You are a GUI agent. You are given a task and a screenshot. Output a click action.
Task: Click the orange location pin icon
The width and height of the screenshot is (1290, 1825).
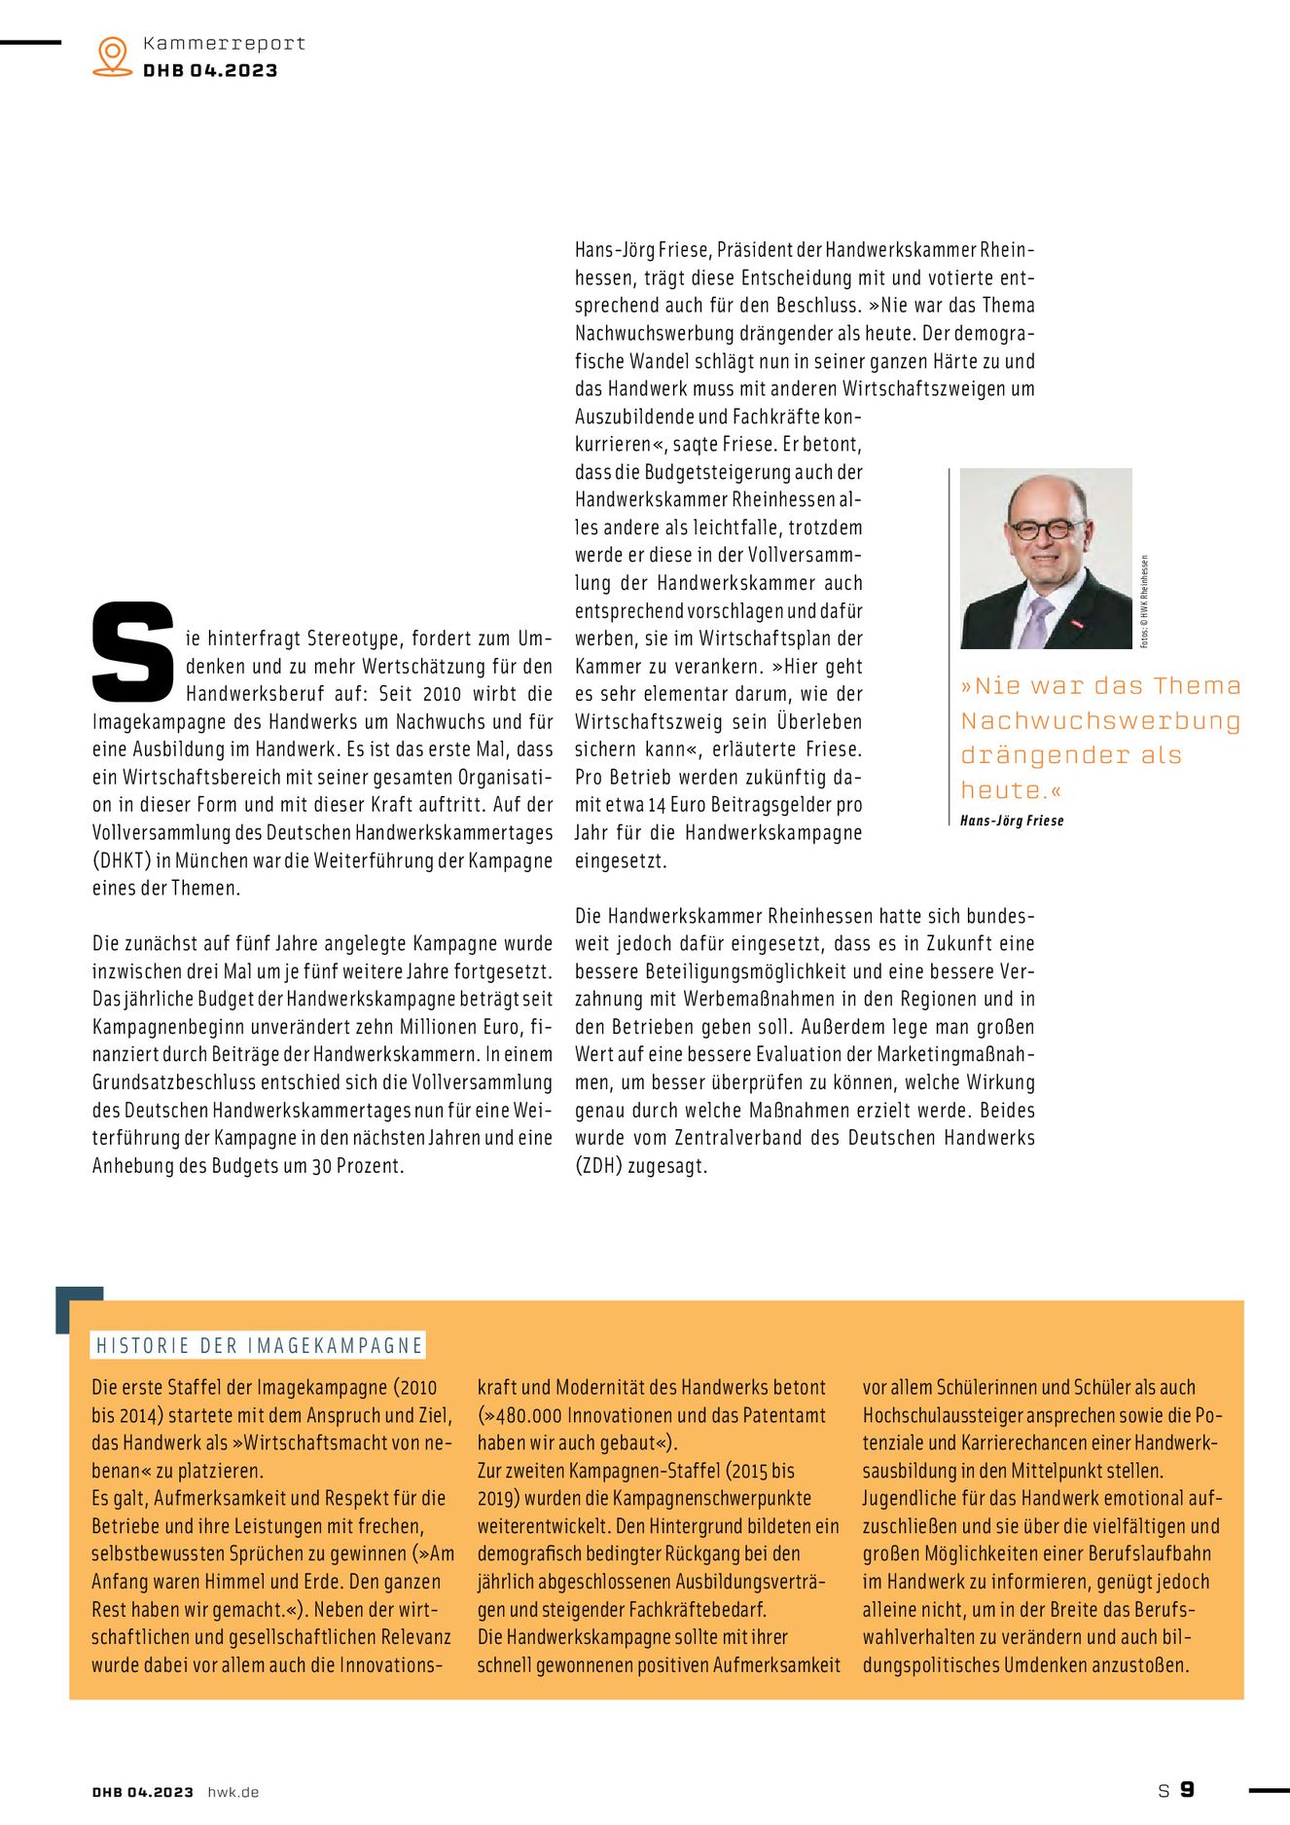113,55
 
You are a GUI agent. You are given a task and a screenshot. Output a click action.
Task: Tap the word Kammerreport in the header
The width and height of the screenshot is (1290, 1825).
224,44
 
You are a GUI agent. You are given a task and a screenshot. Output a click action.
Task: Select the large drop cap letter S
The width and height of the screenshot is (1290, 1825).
133,651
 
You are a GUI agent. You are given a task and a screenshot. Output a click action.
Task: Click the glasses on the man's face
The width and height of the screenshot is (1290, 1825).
1046,529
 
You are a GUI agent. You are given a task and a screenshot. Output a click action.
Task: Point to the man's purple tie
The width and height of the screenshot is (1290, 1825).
1034,623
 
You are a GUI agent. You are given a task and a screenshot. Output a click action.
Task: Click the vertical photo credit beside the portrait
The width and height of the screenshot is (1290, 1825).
1144,601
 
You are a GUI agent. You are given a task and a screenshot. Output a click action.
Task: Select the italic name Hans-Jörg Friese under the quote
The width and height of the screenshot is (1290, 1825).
1012,821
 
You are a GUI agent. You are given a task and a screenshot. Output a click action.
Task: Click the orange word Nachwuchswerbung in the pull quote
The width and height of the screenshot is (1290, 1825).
1100,721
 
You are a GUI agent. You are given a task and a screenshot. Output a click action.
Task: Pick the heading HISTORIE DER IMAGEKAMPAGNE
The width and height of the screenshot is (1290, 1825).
259,1345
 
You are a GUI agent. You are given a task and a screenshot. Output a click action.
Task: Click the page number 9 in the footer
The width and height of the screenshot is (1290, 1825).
1187,1790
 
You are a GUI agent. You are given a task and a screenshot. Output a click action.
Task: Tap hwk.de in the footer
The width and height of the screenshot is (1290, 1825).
233,1792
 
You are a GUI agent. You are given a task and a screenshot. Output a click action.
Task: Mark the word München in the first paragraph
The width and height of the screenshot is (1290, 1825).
211,860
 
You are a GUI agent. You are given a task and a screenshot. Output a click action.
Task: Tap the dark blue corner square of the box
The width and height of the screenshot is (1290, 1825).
79,1308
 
